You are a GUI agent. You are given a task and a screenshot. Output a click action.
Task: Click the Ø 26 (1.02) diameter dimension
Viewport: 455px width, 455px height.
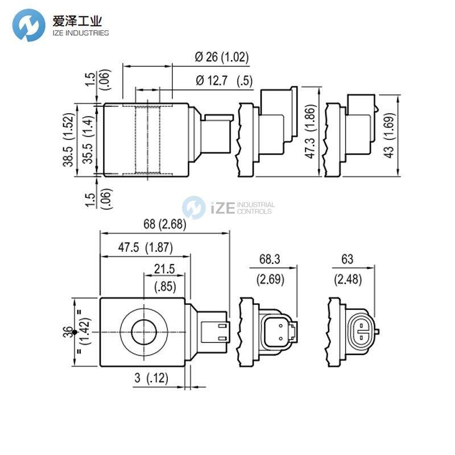point(222,57)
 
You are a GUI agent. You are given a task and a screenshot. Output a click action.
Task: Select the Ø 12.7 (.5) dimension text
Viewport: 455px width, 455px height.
point(224,81)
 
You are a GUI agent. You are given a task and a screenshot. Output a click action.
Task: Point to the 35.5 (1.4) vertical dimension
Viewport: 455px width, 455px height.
point(88,139)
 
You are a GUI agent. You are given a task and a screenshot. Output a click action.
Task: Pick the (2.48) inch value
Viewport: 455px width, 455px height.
point(347,279)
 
